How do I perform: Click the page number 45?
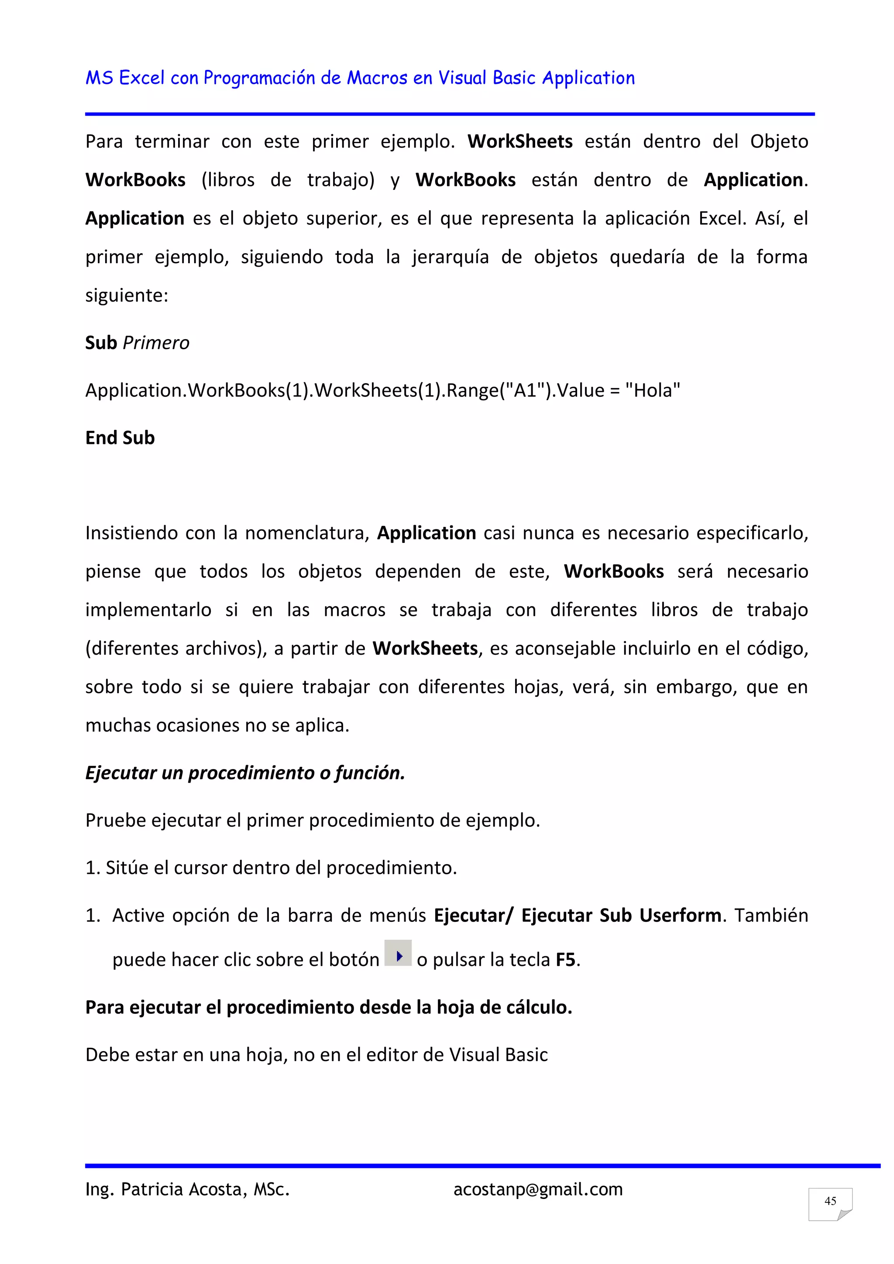(830, 1201)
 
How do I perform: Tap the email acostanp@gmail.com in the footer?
(538, 1189)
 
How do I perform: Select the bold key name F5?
(565, 959)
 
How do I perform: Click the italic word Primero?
(156, 343)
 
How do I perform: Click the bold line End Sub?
(120, 438)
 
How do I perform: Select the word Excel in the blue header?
(141, 78)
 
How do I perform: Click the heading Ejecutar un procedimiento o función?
(245, 773)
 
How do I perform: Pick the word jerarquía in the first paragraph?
(450, 257)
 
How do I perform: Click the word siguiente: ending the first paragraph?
(127, 295)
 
